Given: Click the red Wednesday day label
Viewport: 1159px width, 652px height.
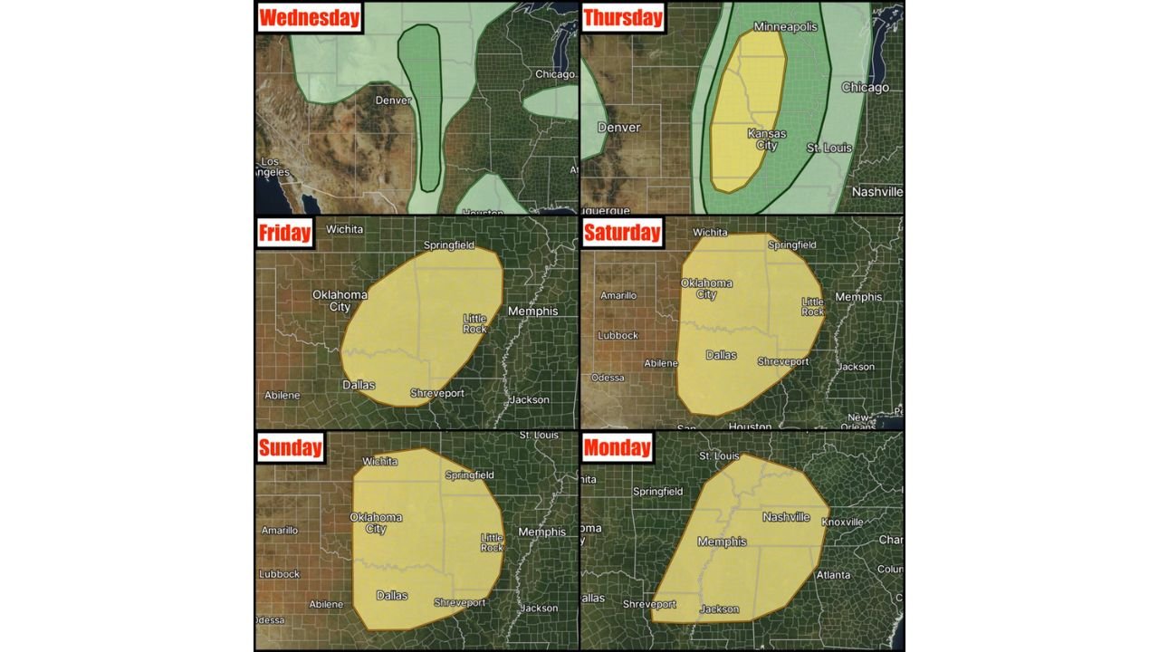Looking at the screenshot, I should [310, 17].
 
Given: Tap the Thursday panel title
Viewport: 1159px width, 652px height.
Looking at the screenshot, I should [623, 17].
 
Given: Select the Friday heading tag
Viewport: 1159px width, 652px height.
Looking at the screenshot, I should [284, 232].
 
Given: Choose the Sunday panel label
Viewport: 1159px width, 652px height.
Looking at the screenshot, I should [290, 446].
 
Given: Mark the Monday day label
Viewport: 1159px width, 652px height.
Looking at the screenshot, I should [618, 446].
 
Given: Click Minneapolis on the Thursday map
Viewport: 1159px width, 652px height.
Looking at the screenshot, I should [785, 27].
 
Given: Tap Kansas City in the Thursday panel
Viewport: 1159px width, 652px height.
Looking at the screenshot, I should [766, 139].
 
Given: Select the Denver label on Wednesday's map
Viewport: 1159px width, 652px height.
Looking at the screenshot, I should [393, 101].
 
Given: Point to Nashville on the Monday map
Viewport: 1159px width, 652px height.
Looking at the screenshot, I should [785, 517].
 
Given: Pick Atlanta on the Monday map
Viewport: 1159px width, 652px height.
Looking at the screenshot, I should [832, 574].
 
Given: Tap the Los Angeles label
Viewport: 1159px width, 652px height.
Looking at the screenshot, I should [272, 167].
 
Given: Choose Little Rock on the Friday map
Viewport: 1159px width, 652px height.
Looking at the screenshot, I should [474, 323].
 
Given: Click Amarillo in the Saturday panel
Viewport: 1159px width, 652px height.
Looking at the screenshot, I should [618, 295].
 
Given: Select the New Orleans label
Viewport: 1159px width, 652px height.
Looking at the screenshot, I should [857, 421].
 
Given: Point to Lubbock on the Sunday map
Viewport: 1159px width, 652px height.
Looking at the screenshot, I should [279, 573].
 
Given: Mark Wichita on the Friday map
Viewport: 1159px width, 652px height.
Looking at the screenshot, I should [344, 229].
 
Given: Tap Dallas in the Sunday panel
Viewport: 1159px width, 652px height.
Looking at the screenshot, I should [391, 595].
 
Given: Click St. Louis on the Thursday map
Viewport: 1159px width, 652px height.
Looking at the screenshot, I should [829, 148].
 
